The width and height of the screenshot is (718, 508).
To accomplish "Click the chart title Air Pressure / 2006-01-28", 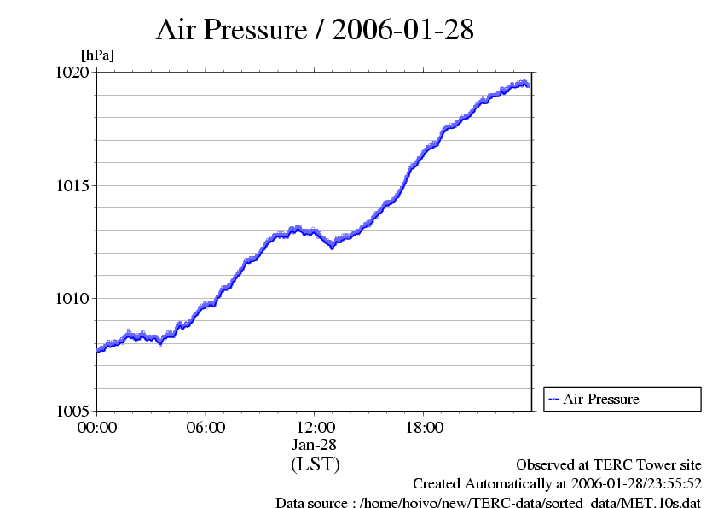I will click(x=315, y=30).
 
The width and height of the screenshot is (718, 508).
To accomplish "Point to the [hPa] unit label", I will click(x=96, y=55).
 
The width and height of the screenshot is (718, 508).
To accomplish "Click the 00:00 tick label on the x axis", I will click(x=96, y=427).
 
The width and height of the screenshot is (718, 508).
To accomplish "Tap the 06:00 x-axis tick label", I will click(x=206, y=427).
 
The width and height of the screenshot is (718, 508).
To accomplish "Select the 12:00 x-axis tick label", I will click(x=315, y=427).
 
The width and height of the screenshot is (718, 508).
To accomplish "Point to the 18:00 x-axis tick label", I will click(x=424, y=427).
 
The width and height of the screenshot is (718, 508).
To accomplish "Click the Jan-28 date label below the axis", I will click(x=315, y=445).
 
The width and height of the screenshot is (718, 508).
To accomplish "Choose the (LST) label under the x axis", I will click(x=315, y=464).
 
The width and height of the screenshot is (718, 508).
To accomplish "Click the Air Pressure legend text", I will click(x=600, y=399).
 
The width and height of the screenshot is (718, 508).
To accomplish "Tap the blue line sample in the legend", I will click(x=553, y=399).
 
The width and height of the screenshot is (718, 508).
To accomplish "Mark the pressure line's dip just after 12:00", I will click(x=332, y=246).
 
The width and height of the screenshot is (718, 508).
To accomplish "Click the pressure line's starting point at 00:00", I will click(x=97, y=350).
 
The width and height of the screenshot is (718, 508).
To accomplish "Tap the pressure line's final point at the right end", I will click(x=529, y=85).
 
